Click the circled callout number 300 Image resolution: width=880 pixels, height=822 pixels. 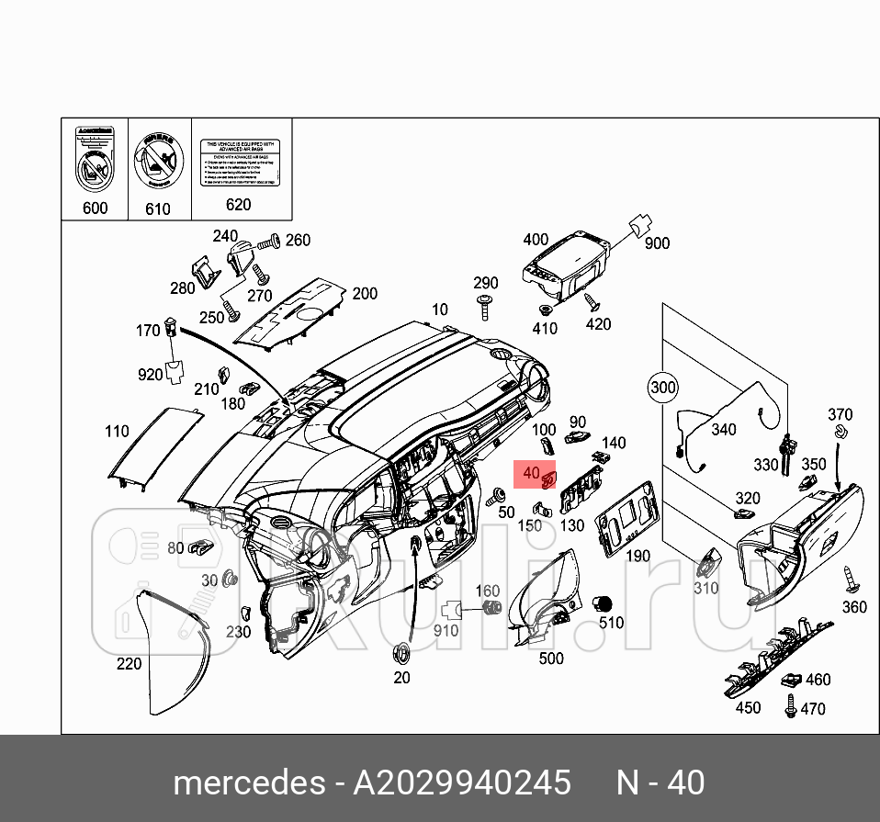[662, 388]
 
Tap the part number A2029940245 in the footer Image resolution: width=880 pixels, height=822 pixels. [462, 783]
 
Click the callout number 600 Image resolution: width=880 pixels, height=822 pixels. [95, 208]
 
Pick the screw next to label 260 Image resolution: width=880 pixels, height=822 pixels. [268, 243]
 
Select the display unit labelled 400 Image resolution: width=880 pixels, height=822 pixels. [562, 266]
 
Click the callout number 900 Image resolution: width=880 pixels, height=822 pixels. [657, 243]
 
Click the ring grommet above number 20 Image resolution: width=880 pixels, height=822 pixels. [401, 654]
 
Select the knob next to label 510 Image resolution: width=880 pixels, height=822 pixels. [604, 602]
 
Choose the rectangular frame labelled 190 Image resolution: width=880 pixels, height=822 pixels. [626, 518]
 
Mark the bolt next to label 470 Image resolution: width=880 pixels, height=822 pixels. [789, 708]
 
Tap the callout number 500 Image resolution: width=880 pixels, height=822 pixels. [550, 659]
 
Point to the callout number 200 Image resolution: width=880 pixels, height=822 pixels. [365, 294]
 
